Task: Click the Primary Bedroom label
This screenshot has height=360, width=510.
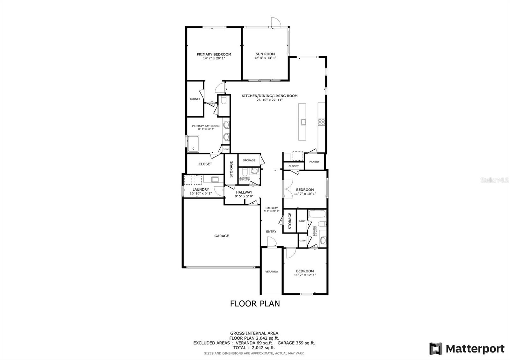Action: (x=214, y=54)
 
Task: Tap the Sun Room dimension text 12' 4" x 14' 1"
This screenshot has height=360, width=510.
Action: (x=265, y=58)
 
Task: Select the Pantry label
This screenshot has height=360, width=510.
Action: (x=314, y=162)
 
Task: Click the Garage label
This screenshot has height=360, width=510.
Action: (x=221, y=236)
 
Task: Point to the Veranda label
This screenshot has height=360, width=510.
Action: (x=272, y=271)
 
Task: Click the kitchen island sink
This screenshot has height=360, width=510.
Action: (x=303, y=121)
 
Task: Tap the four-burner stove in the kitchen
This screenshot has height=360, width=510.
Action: (x=321, y=122)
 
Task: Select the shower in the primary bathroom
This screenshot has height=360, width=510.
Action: (x=193, y=143)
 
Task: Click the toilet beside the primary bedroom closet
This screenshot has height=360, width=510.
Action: (x=223, y=101)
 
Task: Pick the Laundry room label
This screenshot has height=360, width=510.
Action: (x=200, y=190)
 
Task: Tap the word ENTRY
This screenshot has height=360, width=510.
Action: (x=271, y=232)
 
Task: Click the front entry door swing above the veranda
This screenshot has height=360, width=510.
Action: (x=272, y=243)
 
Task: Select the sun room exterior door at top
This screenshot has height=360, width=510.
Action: (x=275, y=22)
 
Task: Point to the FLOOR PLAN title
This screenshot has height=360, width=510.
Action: (x=255, y=304)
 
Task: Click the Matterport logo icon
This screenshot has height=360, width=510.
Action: (x=435, y=349)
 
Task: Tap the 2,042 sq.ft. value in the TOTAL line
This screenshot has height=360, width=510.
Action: (x=263, y=348)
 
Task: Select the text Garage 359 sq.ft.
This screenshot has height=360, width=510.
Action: (x=296, y=343)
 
